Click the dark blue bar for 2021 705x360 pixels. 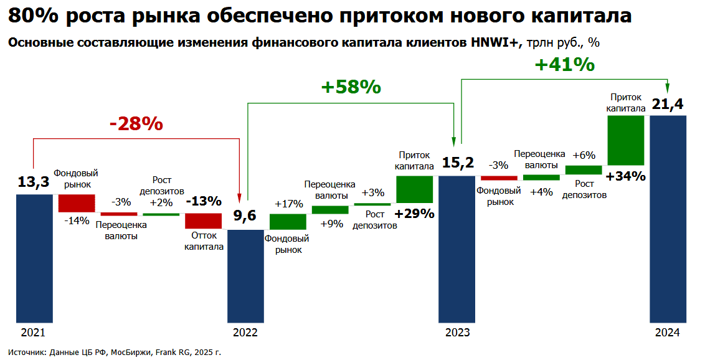click(35, 258)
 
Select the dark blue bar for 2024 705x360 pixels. click(668, 219)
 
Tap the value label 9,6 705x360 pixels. click(245, 216)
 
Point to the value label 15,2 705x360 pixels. click(458, 162)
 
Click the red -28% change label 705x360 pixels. click(136, 123)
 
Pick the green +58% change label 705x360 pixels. click(351, 87)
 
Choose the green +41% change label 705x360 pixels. click(565, 65)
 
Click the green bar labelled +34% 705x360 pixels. click(626, 140)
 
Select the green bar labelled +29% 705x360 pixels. click(415, 189)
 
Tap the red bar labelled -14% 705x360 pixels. click(77, 203)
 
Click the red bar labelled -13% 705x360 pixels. click(203, 221)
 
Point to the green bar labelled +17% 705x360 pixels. click(288, 222)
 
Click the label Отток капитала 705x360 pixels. click(204, 241)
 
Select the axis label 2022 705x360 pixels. click(245, 333)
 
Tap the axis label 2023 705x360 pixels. click(457, 333)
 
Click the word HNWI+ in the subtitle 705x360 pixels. click(496, 42)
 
